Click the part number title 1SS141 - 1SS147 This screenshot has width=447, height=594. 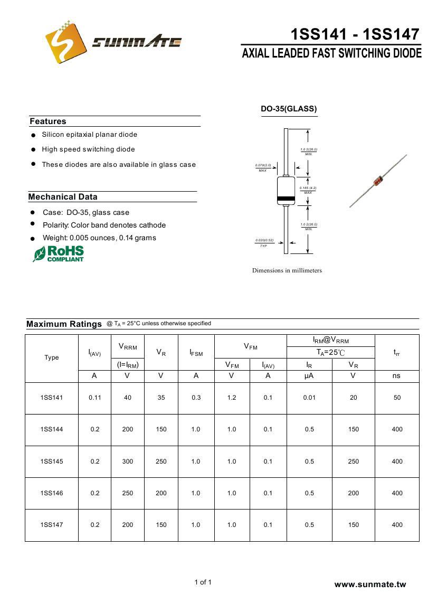click(355, 34)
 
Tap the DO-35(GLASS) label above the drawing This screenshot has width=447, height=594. click(289, 109)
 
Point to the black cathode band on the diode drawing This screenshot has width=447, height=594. click(286, 199)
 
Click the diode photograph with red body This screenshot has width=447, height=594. click(378, 181)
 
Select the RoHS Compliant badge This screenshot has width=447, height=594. click(59, 253)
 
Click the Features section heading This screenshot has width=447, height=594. click(48, 121)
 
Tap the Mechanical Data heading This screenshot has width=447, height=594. click(63, 197)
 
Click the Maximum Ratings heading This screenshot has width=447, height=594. click(64, 324)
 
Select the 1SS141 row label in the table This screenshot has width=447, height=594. click(52, 398)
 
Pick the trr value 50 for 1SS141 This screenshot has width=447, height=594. click(397, 398)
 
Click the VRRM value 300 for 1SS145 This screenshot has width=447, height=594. click(128, 461)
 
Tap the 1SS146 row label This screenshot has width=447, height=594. click(52, 493)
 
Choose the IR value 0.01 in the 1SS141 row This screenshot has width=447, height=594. click(309, 398)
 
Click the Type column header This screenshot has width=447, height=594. click(52, 357)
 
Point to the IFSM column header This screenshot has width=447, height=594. click(196, 353)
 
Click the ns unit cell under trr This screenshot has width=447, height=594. click(396, 375)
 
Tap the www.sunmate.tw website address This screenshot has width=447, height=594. click(370, 584)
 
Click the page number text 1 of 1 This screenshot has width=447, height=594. click(203, 582)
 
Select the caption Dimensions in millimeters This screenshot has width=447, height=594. click(287, 270)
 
